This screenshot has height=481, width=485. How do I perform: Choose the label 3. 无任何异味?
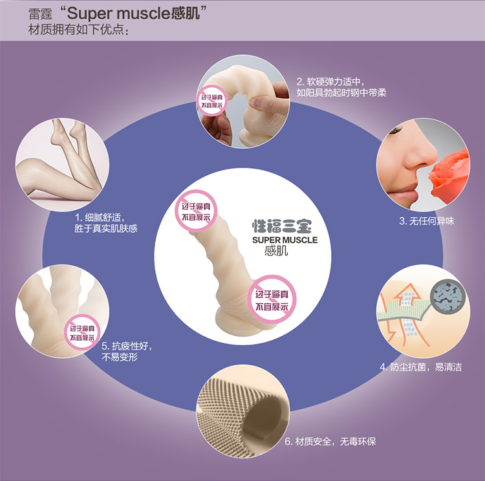click(426, 221)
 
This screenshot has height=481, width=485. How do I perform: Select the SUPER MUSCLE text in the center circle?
click(285, 240)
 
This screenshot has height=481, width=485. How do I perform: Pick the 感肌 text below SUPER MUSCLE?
click(275, 253)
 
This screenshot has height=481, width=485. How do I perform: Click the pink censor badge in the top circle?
click(215, 100)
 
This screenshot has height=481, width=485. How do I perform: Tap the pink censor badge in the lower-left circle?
click(81, 332)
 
